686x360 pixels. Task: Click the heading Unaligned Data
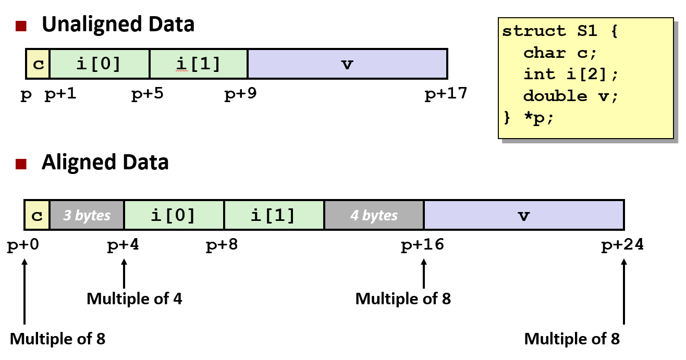click(x=118, y=24)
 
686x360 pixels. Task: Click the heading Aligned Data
click(x=105, y=162)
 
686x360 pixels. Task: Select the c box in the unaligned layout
click(x=38, y=64)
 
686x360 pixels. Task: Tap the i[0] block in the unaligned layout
click(x=99, y=64)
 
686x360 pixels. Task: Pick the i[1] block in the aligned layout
click(x=273, y=215)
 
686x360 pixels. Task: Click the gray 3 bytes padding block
click(x=87, y=215)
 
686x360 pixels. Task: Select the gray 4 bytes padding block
click(x=373, y=215)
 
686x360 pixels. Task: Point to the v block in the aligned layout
click(x=523, y=215)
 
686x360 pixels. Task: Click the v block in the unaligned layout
click(x=347, y=64)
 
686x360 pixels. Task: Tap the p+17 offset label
click(x=446, y=94)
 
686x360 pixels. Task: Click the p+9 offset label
click(x=240, y=94)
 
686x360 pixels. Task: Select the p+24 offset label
click(x=623, y=245)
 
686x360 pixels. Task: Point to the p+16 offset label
click(x=422, y=245)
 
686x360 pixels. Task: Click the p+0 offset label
click(x=23, y=245)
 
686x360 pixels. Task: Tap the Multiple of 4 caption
click(x=134, y=299)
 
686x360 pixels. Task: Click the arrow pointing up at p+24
click(x=623, y=292)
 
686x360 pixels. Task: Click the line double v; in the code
click(x=570, y=96)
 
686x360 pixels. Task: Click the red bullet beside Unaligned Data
click(x=21, y=26)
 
